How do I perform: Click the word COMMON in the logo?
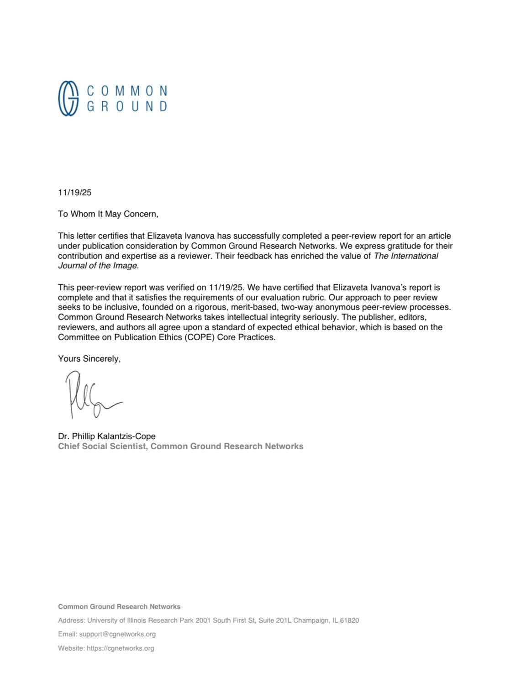point(127,90)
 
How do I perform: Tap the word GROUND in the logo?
point(127,106)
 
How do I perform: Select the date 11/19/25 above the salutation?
point(74,192)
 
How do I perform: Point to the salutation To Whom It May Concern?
point(108,214)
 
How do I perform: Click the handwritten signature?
point(91,395)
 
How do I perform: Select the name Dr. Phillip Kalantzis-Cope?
point(106,436)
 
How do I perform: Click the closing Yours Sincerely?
point(89,359)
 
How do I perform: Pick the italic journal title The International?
point(406,256)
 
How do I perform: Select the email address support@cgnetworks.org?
point(117,634)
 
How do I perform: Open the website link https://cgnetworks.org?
point(120,648)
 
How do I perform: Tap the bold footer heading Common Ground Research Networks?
point(119,607)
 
